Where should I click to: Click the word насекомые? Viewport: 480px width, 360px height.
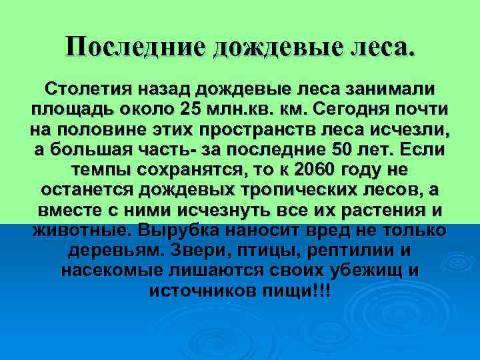115,272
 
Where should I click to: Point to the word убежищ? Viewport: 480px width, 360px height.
363,272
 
